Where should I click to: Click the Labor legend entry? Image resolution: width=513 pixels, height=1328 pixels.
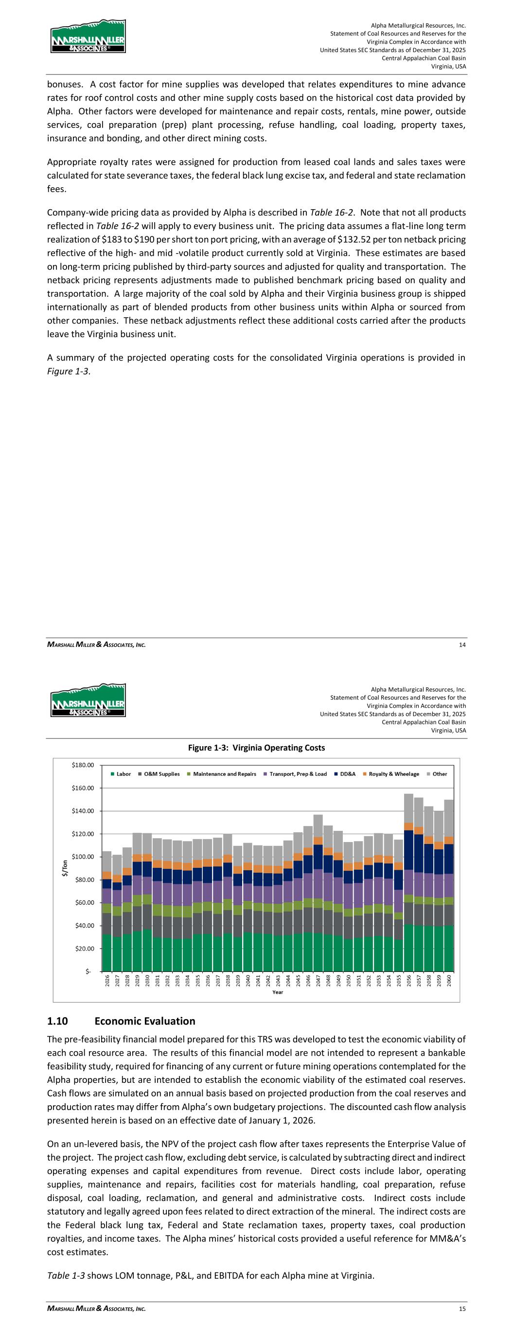click(121, 774)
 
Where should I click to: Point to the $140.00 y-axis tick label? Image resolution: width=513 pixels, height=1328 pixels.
click(83, 811)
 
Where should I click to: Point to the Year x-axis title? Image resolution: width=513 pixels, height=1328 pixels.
click(277, 992)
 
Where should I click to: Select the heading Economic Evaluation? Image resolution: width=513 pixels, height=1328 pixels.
click(144, 1021)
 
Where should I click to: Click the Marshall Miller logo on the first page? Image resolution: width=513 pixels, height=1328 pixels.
click(88, 36)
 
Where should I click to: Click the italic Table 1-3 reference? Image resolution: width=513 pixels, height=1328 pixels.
click(67, 1275)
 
